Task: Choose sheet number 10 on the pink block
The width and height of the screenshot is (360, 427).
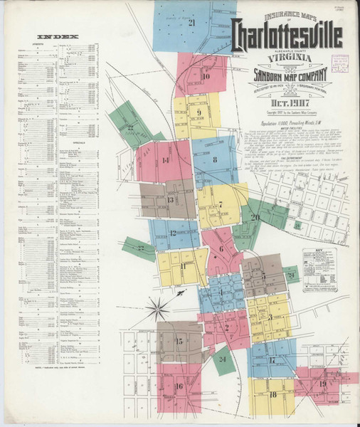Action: click(x=205, y=77)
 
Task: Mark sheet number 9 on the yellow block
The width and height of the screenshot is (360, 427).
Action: click(x=199, y=112)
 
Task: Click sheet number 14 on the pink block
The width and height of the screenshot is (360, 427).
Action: click(x=166, y=161)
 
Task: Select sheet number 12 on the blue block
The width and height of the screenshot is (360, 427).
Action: click(x=172, y=233)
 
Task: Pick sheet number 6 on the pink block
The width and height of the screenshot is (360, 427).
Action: click(x=221, y=248)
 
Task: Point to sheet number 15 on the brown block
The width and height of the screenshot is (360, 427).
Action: click(x=179, y=342)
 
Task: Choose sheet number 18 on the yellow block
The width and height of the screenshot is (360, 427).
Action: click(x=273, y=394)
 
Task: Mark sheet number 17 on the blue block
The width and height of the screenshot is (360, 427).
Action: click(x=272, y=360)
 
